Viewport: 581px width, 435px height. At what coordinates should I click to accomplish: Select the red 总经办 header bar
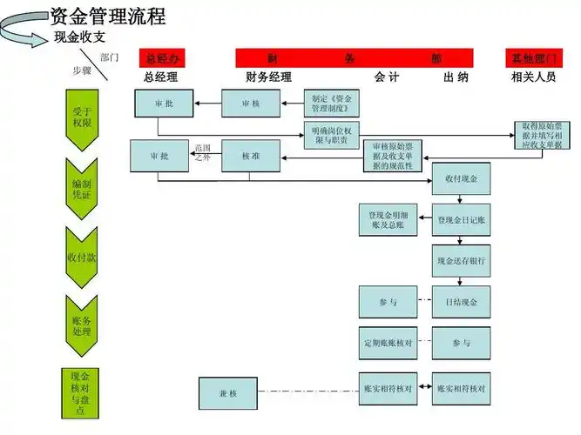[x=163, y=57]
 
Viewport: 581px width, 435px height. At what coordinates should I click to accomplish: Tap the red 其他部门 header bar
[x=532, y=57]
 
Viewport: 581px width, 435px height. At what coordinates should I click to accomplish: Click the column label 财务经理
[x=268, y=77]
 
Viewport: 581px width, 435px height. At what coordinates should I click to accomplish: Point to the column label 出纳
[x=456, y=77]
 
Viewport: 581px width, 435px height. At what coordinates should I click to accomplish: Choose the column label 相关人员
[x=533, y=77]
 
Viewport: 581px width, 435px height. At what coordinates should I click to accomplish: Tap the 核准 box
[x=251, y=156]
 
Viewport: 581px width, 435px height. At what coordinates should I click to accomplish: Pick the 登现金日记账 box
[x=461, y=220]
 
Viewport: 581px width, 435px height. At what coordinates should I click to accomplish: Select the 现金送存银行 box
[x=461, y=259]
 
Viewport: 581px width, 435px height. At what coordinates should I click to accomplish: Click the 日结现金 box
[x=461, y=302]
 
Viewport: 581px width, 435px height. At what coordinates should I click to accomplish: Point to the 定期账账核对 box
[x=388, y=343]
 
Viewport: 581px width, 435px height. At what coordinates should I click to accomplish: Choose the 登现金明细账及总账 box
[x=388, y=220]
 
